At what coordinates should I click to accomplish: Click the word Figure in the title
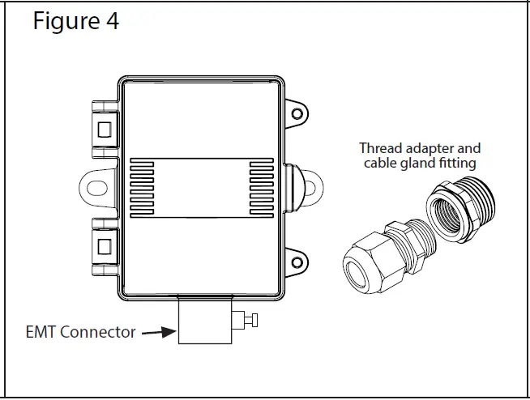(x=66, y=21)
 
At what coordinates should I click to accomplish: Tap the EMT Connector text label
(x=79, y=332)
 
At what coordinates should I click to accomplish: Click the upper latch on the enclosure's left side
(x=105, y=128)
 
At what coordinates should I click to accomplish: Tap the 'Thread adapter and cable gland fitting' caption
(x=419, y=155)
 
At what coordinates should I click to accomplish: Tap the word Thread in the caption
(x=380, y=148)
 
